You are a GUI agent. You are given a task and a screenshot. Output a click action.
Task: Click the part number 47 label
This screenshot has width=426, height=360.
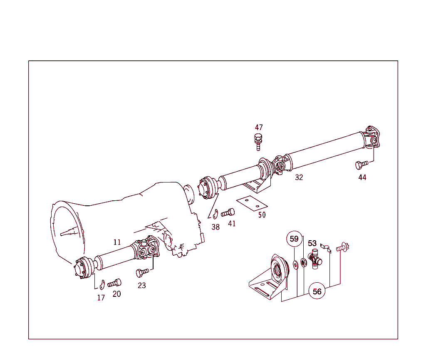coord(259,128)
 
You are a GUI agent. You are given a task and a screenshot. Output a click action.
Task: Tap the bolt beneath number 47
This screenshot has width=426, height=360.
coord(258,141)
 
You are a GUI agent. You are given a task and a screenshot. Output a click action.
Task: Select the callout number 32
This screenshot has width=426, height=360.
coord(299,178)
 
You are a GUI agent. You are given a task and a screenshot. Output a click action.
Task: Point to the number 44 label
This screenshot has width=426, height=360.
coord(362,178)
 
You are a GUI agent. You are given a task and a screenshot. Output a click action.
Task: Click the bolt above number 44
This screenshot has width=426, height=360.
coord(361,164)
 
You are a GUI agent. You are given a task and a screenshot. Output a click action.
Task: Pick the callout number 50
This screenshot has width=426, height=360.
coord(262,215)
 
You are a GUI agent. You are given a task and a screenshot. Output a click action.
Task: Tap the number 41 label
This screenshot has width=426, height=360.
coord(232,224)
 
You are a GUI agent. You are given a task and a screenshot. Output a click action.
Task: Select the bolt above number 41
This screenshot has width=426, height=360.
coord(228,213)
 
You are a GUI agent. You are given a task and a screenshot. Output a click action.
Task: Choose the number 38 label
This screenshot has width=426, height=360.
coord(215,227)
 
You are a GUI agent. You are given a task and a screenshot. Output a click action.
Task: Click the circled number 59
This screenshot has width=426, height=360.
coord(294,239)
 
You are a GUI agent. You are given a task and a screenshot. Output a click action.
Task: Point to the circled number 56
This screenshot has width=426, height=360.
coord(317,291)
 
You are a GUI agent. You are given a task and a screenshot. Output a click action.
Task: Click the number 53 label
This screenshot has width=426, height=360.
coord(312,244)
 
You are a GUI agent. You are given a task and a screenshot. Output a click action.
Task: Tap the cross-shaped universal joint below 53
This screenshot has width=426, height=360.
coord(315,260)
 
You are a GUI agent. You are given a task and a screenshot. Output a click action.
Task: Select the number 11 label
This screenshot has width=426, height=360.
coord(117,242)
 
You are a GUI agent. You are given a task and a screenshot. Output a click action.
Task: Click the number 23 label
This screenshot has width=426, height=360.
coord(142,286)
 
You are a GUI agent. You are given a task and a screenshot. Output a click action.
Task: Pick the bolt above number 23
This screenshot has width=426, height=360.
coord(142,273)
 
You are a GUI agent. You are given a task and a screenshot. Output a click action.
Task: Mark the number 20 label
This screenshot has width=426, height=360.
coord(116,294)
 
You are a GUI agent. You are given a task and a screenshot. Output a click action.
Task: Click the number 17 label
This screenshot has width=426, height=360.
coord(101,298)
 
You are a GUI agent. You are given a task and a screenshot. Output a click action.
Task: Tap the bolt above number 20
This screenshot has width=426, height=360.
coord(114,284)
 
